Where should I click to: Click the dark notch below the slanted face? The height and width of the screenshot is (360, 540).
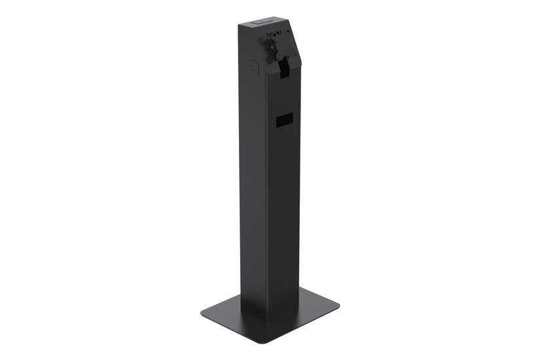pos(285,67)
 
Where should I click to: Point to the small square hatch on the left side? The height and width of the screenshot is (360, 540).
pos(255,66)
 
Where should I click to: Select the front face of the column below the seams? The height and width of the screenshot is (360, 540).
pos(283,229)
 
